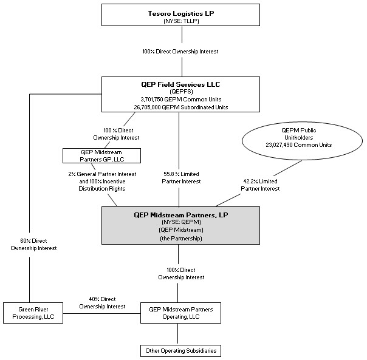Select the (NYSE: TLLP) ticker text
click(x=181, y=21)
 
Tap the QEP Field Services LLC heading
click(x=180, y=84)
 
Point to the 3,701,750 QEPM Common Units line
click(x=181, y=100)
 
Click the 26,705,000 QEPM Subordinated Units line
click(x=181, y=107)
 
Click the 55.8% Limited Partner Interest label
click(x=181, y=177)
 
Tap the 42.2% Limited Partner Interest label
click(x=260, y=185)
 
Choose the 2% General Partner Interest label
click(x=102, y=174)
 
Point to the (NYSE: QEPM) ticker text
click(x=181, y=222)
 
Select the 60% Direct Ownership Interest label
click(x=33, y=245)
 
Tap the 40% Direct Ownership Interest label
click(x=102, y=303)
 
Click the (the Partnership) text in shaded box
click(x=181, y=239)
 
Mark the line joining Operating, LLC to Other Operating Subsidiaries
click(x=177, y=334)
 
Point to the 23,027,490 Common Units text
click(x=299, y=145)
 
